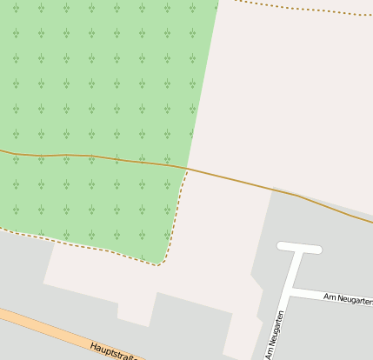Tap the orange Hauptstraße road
pyautogui.click(x=52, y=328)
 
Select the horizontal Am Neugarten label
pyautogui.click(x=347, y=299)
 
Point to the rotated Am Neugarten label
pyautogui.click(x=274, y=335)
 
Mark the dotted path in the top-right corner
pyautogui.click(x=304, y=9)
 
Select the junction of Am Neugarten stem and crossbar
pyautogui.click(x=300, y=249)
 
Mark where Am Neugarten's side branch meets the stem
pyautogui.click(x=292, y=290)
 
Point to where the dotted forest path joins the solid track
pyautogui.click(x=187, y=169)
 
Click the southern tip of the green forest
pyautogui.click(x=159, y=264)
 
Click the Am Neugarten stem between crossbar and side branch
pyautogui.click(x=296, y=270)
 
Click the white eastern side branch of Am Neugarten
pyautogui.click(x=330, y=296)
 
